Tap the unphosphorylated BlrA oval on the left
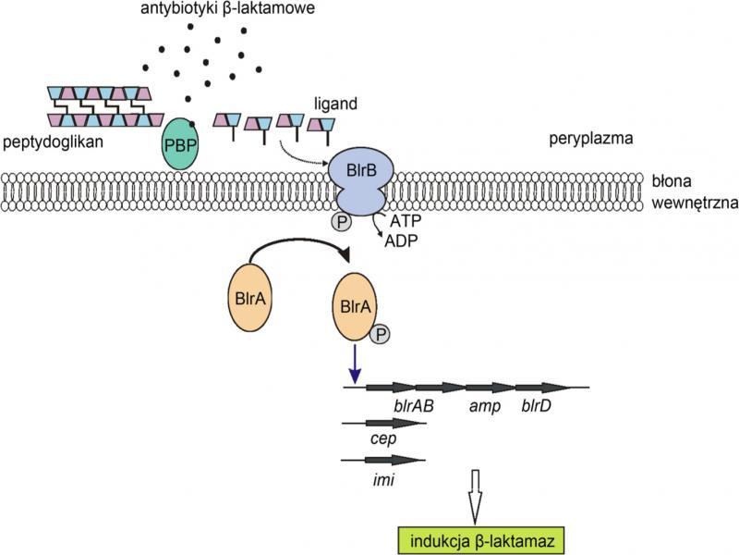coord(251,300)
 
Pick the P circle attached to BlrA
coord(380,336)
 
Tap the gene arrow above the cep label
coord(383,423)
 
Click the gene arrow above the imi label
coord(383,460)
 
